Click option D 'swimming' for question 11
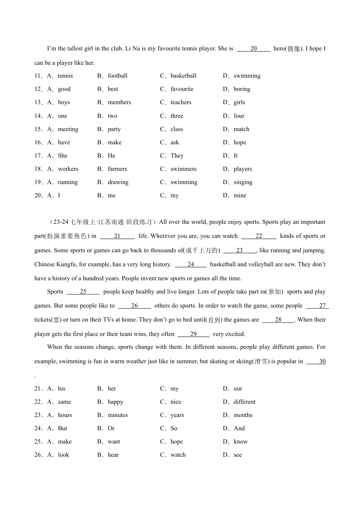(247, 76)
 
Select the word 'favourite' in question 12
(182, 89)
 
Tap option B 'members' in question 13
(119, 102)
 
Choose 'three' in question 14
(177, 116)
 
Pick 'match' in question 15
(241, 129)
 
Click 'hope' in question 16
(239, 142)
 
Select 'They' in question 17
(177, 156)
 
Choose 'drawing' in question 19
(118, 182)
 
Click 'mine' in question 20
(240, 195)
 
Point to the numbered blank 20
(254, 48)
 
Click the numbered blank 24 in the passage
(191, 264)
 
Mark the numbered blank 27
(322, 306)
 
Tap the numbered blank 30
(322, 361)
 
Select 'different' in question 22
(244, 402)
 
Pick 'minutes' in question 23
(117, 415)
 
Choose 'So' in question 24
(174, 428)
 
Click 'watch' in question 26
(178, 455)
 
